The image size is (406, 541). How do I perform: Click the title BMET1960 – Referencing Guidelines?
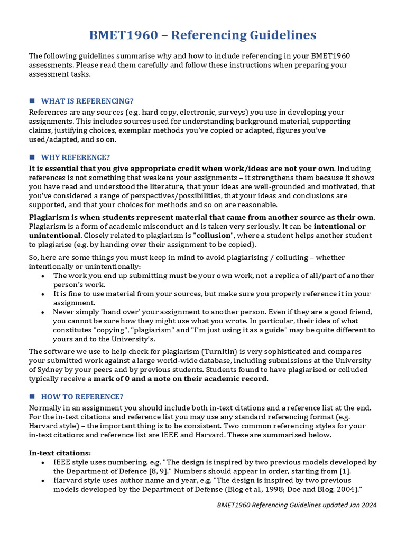[x=203, y=35]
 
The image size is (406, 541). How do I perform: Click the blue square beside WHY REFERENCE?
[x=32, y=157]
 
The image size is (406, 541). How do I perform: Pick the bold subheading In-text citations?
[x=60, y=453]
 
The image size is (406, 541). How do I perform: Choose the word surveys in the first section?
[x=209, y=113]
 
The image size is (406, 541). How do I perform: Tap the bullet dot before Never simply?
[x=43, y=312]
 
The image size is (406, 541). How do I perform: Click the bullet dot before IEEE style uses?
[x=43, y=462]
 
